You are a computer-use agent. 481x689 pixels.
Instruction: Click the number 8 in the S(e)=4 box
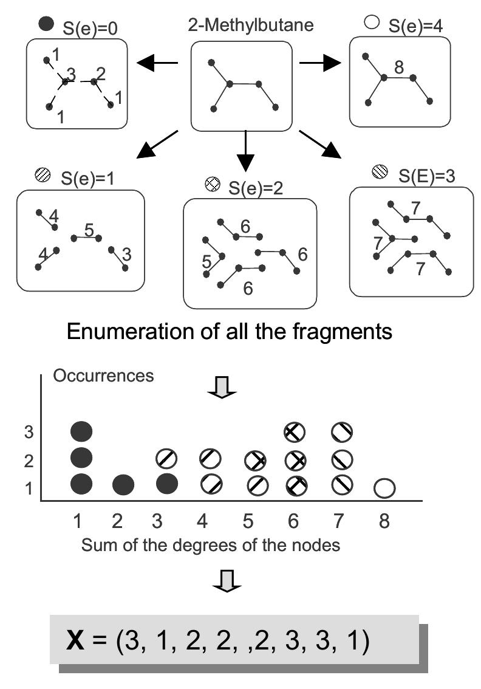pos(398,67)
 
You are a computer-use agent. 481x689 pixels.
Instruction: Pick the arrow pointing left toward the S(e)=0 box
pos(157,62)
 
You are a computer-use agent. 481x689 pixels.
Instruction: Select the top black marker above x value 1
pos(81,432)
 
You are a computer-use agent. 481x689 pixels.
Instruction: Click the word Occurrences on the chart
pos(103,375)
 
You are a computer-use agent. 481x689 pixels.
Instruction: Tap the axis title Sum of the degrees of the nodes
pos(210,545)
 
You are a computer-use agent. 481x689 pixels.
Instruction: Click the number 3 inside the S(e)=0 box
pos(71,75)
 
